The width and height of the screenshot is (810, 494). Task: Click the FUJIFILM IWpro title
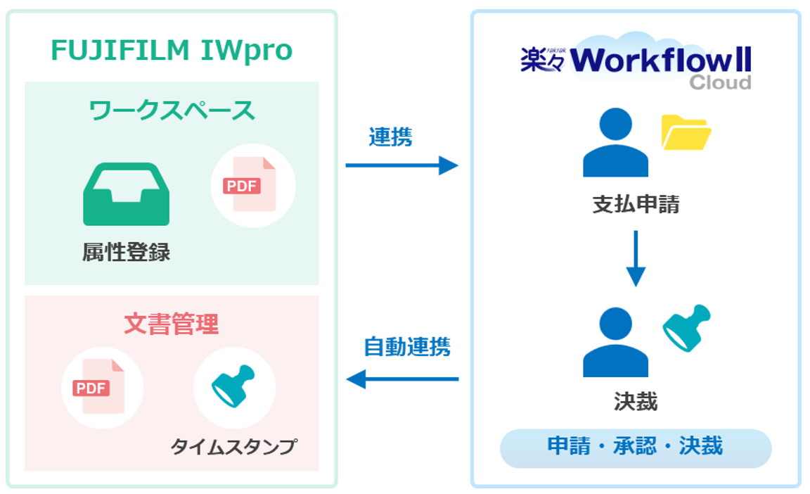[x=172, y=51]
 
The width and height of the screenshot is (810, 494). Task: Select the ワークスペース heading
[x=172, y=110]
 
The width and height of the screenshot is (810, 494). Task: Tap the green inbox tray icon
[x=126, y=194]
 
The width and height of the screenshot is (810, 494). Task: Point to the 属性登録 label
[x=126, y=253]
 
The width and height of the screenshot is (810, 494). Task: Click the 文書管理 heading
[x=172, y=324]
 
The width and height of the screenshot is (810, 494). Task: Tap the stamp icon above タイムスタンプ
[x=234, y=388]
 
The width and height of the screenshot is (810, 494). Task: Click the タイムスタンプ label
[x=234, y=447]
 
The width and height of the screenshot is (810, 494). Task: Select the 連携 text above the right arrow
[x=390, y=137]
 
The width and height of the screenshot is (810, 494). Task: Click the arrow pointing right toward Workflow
[x=401, y=166]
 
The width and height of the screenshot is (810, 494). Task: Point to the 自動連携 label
[x=407, y=347]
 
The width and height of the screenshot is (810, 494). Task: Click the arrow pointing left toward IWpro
[x=401, y=379]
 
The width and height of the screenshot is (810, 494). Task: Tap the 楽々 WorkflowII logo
[x=636, y=60]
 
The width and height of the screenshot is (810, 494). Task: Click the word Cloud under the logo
[x=720, y=83]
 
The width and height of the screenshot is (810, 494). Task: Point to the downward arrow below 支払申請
[x=636, y=258]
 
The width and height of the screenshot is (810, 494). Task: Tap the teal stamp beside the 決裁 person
[x=687, y=327]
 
